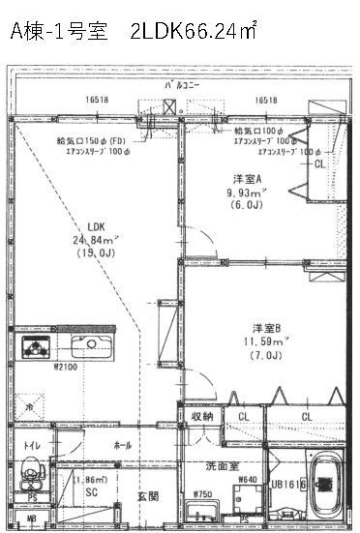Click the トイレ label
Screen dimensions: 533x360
coord(31,446)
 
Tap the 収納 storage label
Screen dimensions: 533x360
coord(201,417)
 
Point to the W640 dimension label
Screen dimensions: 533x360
coord(247,477)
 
